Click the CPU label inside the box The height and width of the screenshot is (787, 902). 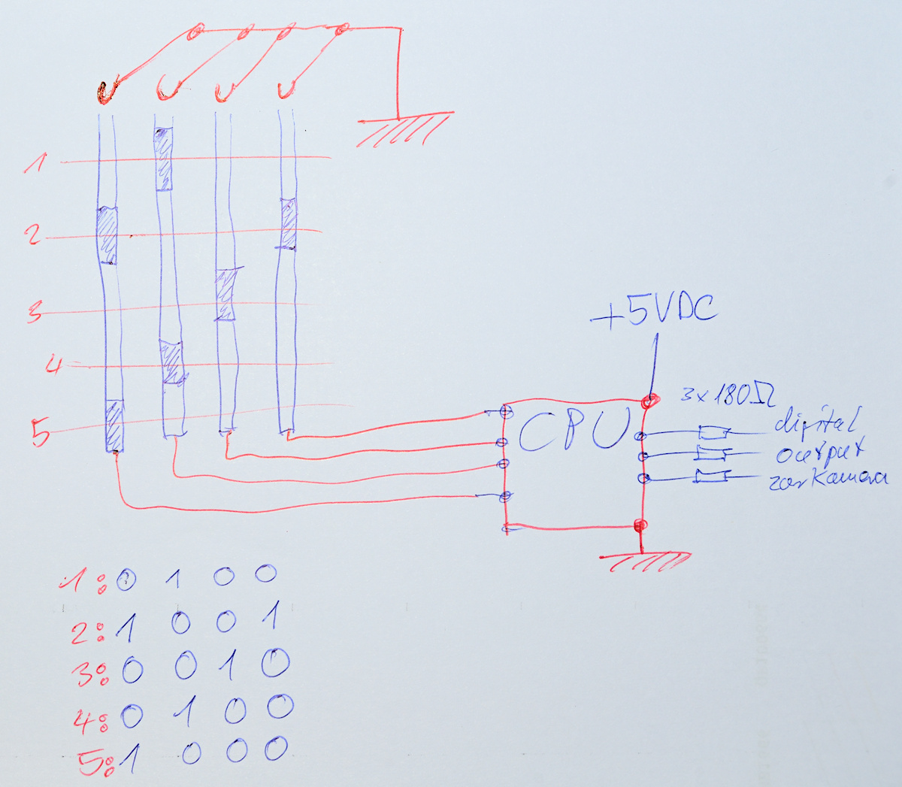click(x=573, y=430)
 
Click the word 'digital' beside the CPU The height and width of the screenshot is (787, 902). click(x=816, y=422)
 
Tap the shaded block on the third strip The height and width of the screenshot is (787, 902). click(x=225, y=295)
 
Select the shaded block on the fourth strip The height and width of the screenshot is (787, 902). click(x=288, y=223)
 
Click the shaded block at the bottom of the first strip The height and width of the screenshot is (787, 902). click(x=114, y=425)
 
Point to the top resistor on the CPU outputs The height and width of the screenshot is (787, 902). click(x=713, y=432)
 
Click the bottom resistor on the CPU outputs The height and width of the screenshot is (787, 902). click(x=710, y=476)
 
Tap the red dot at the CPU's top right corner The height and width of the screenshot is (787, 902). click(x=650, y=401)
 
